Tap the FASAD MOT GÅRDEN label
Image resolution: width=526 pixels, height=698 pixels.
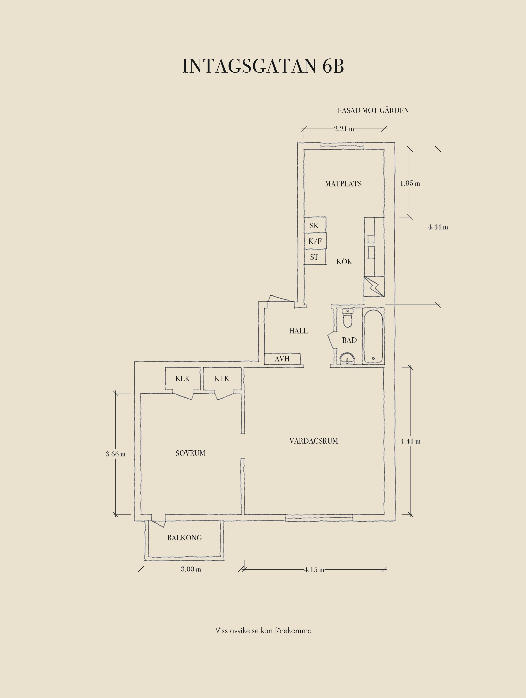point(373,111)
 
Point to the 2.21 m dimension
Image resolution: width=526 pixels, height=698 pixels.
point(344,129)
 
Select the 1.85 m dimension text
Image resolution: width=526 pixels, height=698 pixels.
point(410,183)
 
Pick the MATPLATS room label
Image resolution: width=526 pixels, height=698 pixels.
point(343,184)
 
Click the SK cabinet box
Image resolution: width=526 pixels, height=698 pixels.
point(315,225)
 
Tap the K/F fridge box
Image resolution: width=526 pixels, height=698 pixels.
point(315,241)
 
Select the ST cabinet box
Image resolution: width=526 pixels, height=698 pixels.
point(315,257)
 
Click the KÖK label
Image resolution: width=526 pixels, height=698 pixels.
point(344,261)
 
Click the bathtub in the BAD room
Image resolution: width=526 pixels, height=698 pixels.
point(374,336)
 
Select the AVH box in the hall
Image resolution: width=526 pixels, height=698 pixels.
point(282,359)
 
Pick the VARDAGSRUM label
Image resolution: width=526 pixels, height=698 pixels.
point(314,441)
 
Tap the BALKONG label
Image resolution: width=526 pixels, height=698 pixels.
point(184,538)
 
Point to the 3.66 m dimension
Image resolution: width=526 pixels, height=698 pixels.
point(115,454)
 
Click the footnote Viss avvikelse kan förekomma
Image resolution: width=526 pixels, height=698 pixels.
point(264,631)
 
